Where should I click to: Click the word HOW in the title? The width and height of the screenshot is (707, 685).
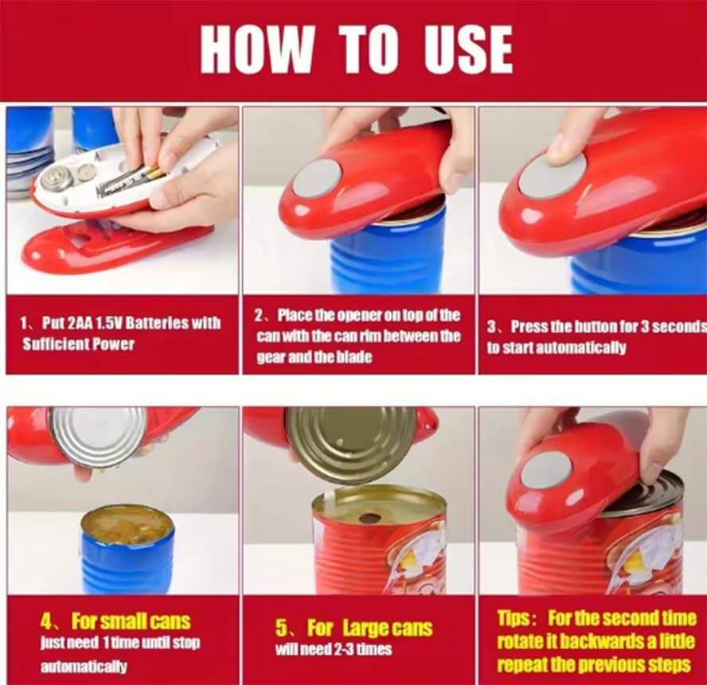(257, 49)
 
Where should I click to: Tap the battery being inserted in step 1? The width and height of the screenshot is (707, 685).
(127, 181)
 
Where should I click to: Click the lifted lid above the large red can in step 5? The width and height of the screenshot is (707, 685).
(352, 444)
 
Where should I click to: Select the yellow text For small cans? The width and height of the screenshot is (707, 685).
(131, 622)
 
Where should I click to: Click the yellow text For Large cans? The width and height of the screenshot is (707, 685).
(369, 627)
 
